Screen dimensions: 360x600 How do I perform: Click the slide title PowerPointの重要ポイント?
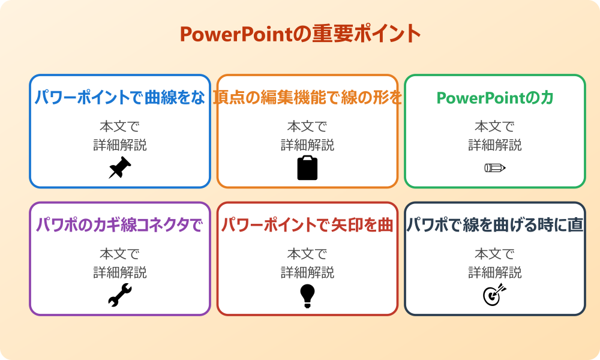pyautogui.click(x=300, y=34)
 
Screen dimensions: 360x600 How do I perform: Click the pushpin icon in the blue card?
pyautogui.click(x=120, y=168)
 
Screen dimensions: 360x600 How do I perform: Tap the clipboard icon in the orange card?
pyautogui.click(x=307, y=168)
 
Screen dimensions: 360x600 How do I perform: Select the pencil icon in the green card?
pyautogui.click(x=494, y=168)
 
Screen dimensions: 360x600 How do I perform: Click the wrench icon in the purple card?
pyautogui.click(x=120, y=295)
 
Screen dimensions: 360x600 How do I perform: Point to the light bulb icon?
pyautogui.click(x=307, y=295)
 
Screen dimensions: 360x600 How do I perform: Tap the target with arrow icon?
pyautogui.click(x=494, y=295)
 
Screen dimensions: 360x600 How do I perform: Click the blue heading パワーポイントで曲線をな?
pyautogui.click(x=120, y=97)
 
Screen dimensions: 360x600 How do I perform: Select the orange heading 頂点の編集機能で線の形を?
pyautogui.click(x=307, y=97)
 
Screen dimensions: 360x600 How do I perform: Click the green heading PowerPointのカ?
pyautogui.click(x=494, y=97)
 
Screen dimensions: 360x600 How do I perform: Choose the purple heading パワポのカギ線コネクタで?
pyautogui.click(x=120, y=225)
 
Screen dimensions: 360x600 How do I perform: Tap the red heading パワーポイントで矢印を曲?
pyautogui.click(x=307, y=225)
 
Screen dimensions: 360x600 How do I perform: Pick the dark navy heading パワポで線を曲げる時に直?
pyautogui.click(x=494, y=225)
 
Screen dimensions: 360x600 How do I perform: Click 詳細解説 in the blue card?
pyautogui.click(x=120, y=145)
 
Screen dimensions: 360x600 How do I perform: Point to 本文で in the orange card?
pyautogui.click(x=307, y=127)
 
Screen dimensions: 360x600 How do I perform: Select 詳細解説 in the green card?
pyautogui.click(x=494, y=145)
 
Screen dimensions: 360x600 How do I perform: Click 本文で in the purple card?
pyautogui.click(x=120, y=254)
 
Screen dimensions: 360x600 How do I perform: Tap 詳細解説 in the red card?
pyautogui.click(x=307, y=272)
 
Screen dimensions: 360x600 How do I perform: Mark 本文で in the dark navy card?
pyautogui.click(x=494, y=254)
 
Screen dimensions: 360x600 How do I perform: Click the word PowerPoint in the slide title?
pyautogui.click(x=236, y=34)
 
